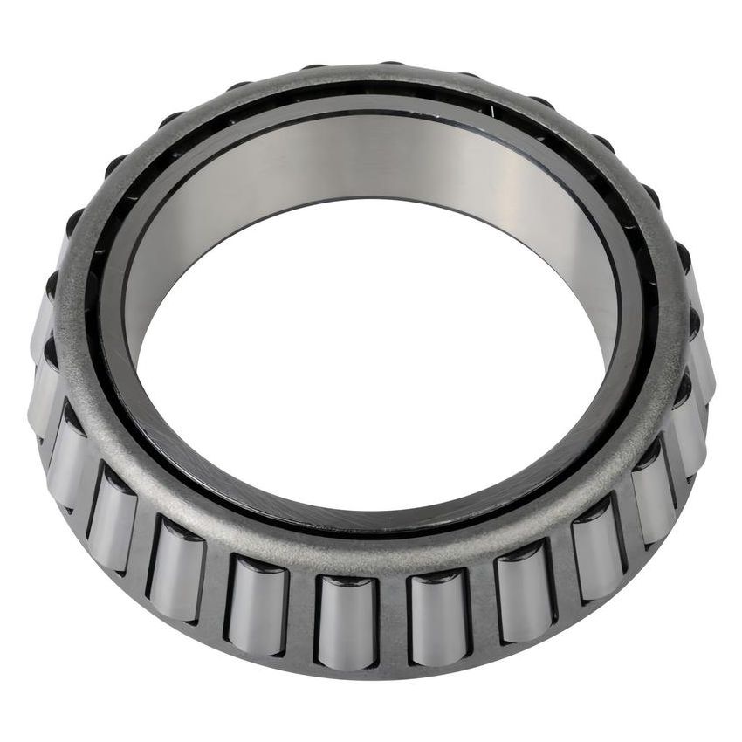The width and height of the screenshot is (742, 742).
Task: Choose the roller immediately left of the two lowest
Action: point(258,602)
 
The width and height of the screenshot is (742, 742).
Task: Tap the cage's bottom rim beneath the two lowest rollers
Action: point(393,668)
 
